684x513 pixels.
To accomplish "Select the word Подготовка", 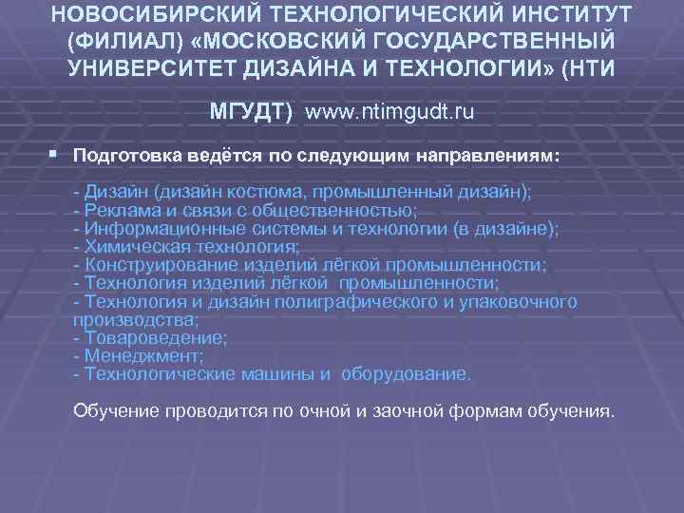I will (125, 154).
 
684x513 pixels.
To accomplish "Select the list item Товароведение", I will (152, 337).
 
